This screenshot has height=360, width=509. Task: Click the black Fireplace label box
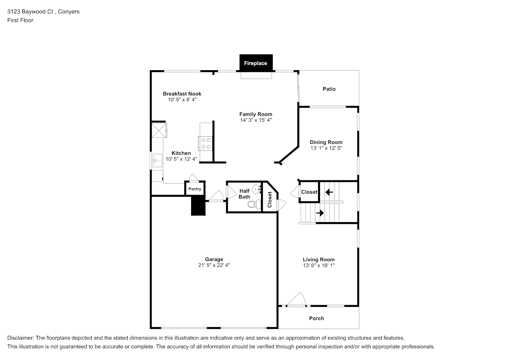(x=256, y=63)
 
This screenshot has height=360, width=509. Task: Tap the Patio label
(x=329, y=89)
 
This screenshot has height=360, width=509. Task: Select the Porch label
(x=316, y=318)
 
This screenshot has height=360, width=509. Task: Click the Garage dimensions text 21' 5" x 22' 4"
(x=214, y=265)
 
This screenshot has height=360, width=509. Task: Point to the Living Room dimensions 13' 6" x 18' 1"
(x=319, y=265)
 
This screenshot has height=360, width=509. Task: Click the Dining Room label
(x=326, y=142)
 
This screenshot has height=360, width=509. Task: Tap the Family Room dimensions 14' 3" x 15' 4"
(x=256, y=120)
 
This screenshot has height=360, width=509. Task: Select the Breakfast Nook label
(x=182, y=94)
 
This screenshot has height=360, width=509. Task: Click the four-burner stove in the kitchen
(x=206, y=143)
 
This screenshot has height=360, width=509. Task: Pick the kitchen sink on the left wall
(x=157, y=161)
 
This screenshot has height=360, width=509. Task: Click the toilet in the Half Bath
(x=254, y=204)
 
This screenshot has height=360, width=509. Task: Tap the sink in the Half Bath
(x=257, y=189)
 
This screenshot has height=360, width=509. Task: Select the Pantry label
(x=195, y=189)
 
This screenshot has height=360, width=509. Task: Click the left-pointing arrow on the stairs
(x=329, y=192)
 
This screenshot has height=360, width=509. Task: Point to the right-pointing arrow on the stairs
(x=320, y=213)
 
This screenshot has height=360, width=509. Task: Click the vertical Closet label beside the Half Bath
(x=270, y=199)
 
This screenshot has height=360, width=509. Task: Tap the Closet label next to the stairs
(x=309, y=192)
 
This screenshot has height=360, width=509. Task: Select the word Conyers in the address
(x=69, y=12)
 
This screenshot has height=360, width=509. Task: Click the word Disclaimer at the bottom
(x=21, y=338)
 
